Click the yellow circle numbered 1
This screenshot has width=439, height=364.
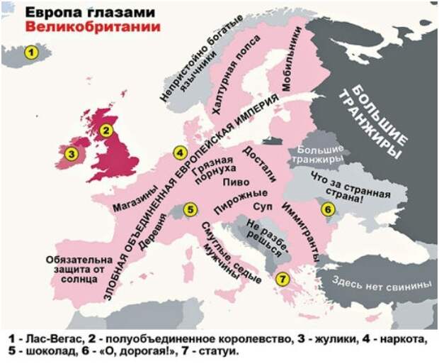30,52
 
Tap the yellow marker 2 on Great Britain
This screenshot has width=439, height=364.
106,130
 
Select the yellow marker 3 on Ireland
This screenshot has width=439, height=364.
70,153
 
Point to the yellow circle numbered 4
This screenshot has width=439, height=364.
181,152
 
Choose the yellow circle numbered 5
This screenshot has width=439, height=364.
189,209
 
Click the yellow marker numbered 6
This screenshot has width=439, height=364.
326,209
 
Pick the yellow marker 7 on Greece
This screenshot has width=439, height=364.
282,279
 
